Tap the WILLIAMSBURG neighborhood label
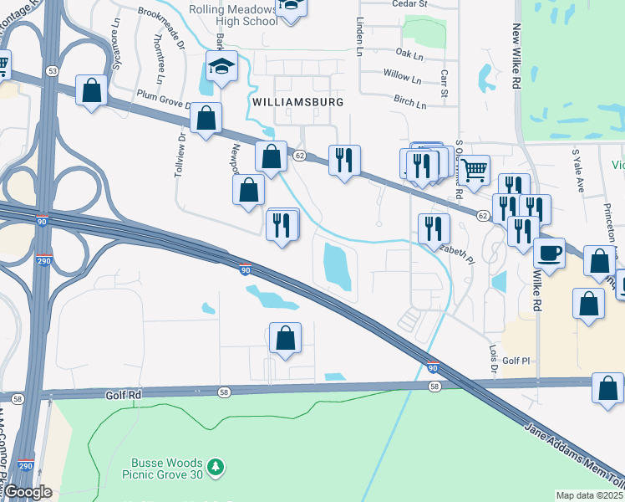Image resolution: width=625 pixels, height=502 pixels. (x=297, y=101)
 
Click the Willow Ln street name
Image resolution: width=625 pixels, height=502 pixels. (x=402, y=77)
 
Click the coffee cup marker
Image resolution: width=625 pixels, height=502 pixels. (x=549, y=252)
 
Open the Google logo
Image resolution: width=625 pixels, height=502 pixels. (x=28, y=492)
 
